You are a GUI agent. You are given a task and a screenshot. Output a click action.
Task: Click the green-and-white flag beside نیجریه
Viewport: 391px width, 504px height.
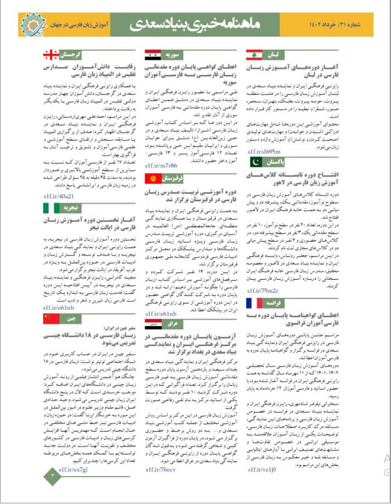coord(51,207)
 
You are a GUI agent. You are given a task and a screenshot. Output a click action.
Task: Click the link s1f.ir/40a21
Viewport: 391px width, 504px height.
coord(58,195)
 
